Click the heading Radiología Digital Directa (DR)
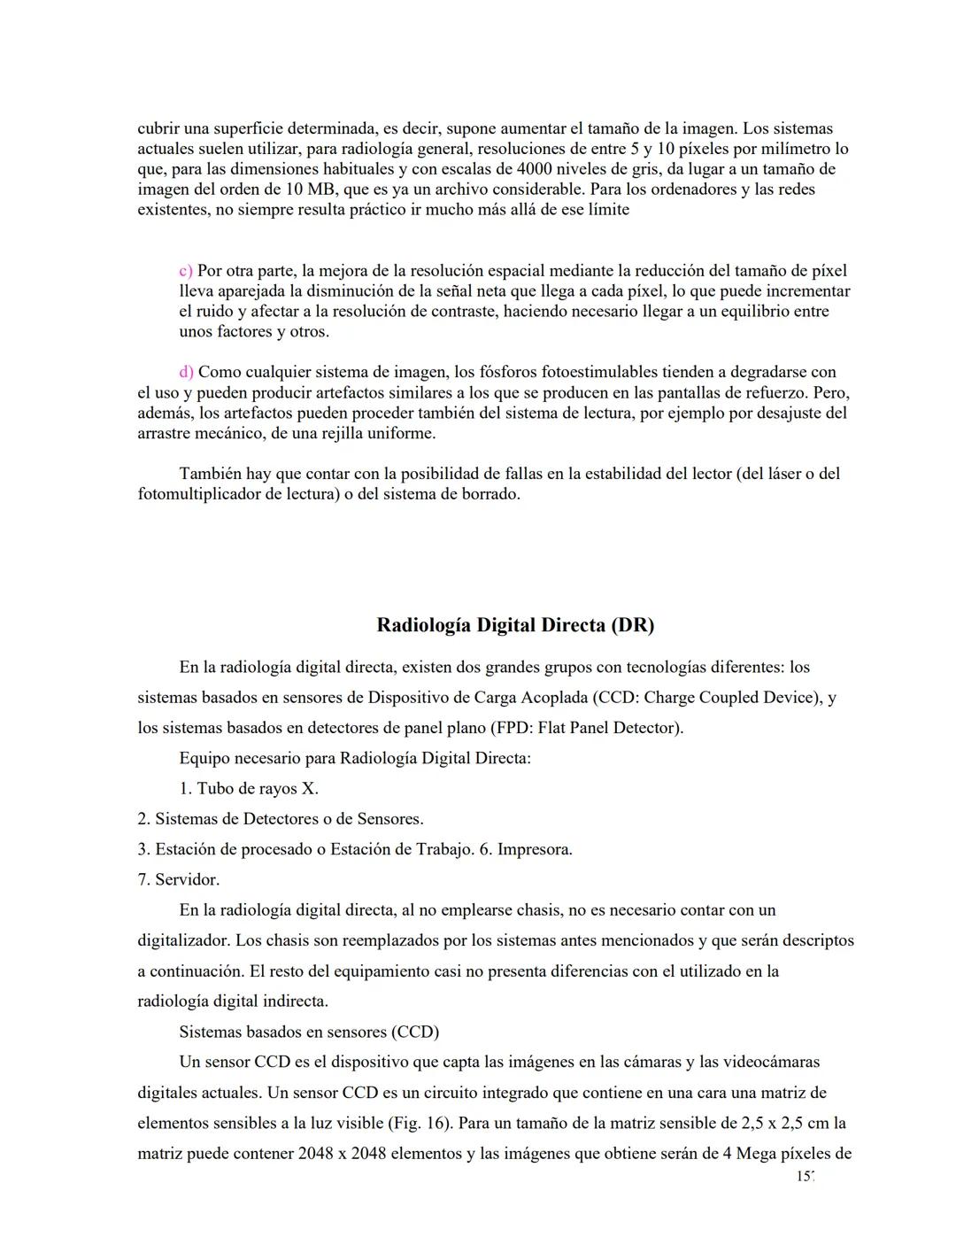click(x=515, y=625)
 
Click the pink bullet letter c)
click(x=186, y=271)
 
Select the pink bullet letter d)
click(x=186, y=373)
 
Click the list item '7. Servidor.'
click(x=178, y=880)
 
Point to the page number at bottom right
click(x=804, y=1178)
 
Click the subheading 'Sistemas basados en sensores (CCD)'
click(x=309, y=1032)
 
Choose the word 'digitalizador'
click(x=183, y=941)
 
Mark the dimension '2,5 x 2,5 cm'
click(x=787, y=1124)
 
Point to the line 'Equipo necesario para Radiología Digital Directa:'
click(x=354, y=759)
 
